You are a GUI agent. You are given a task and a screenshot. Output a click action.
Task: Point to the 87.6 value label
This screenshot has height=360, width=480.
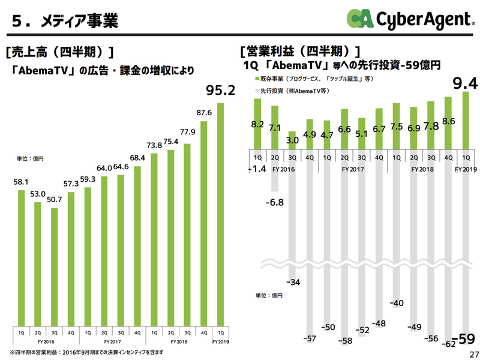(204, 113)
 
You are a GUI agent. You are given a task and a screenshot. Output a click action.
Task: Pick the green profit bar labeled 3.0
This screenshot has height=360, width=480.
(292, 139)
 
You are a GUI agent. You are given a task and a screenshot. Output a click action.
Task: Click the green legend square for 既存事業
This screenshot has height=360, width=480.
(256, 79)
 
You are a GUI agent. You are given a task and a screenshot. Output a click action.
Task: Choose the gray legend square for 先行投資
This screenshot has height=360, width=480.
(256, 90)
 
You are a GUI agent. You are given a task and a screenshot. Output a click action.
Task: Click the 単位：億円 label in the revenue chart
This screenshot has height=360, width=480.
(30, 159)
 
